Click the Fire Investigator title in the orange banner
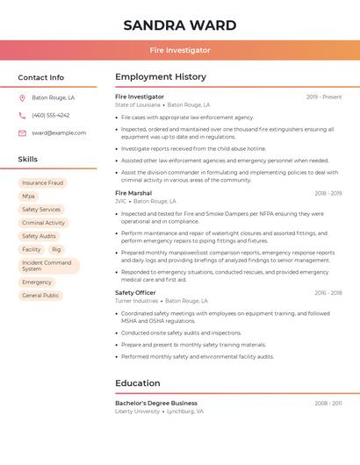(x=179, y=50)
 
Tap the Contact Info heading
(x=40, y=77)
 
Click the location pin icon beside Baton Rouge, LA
(x=22, y=98)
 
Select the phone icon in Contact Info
(x=22, y=116)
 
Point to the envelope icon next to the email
(x=22, y=133)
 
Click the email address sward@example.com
(x=59, y=133)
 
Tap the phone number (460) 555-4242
(x=50, y=116)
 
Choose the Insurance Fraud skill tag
(x=42, y=183)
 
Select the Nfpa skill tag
(x=28, y=197)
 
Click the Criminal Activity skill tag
(x=43, y=223)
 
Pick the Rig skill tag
(x=56, y=249)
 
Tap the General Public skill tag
(x=40, y=296)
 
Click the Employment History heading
(x=161, y=77)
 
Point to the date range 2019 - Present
(x=324, y=97)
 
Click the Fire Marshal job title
(x=133, y=193)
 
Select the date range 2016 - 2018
(x=328, y=293)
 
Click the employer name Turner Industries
(x=136, y=301)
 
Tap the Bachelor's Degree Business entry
(x=156, y=403)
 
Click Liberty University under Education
(x=137, y=411)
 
